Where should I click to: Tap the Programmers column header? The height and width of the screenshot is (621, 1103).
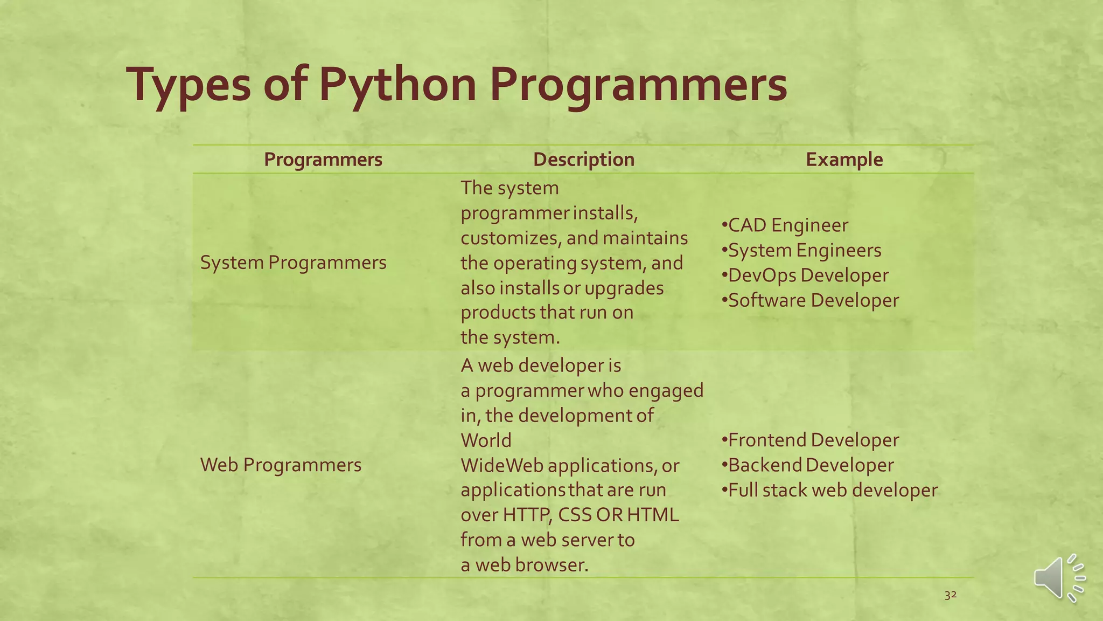pyautogui.click(x=323, y=160)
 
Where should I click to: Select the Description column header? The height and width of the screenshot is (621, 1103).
pyautogui.click(x=584, y=160)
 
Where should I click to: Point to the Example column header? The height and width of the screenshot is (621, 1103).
pyautogui.click(x=844, y=160)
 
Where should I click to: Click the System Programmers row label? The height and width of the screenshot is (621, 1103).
pyautogui.click(x=293, y=263)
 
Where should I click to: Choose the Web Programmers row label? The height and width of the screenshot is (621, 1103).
pyautogui.click(x=281, y=465)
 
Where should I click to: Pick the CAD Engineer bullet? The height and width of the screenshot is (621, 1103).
pyautogui.click(x=785, y=225)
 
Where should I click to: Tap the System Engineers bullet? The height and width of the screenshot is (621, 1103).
pyautogui.click(x=801, y=250)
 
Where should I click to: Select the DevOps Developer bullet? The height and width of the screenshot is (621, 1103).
pyautogui.click(x=805, y=275)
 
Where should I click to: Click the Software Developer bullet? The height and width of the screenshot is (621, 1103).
pyautogui.click(x=810, y=300)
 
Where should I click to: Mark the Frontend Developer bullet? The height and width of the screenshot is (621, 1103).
pyautogui.click(x=810, y=440)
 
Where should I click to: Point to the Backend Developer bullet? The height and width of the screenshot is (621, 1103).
pyautogui.click(x=807, y=465)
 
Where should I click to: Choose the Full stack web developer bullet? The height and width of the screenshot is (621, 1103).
pyautogui.click(x=829, y=490)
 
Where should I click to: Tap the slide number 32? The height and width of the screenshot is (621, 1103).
pyautogui.click(x=951, y=595)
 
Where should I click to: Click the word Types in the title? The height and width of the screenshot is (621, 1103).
pyautogui.click(x=189, y=85)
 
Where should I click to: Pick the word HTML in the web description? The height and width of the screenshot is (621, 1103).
pyautogui.click(x=653, y=515)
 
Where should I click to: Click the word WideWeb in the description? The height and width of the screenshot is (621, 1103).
pyautogui.click(x=502, y=465)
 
